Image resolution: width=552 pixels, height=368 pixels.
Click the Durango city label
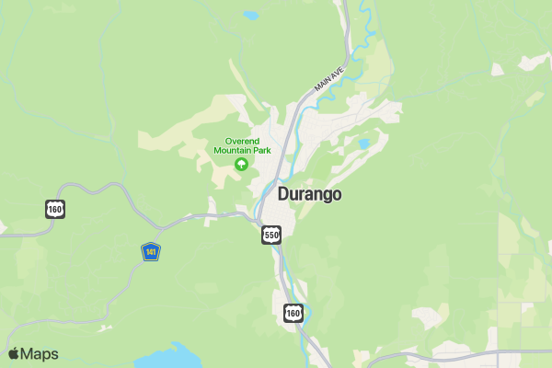pos(309,195)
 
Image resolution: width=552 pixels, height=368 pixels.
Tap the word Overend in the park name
pos(242,141)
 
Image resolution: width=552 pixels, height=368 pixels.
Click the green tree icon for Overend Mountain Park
pos(242,165)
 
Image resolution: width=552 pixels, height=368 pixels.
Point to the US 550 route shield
pos(270,236)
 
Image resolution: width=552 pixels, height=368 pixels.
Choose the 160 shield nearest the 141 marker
pos(55,209)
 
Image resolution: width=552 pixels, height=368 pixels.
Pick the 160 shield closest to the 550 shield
pos(293,314)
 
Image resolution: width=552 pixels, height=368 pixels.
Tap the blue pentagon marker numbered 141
pos(151,251)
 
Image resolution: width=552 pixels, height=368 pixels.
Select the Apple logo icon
pos(14,354)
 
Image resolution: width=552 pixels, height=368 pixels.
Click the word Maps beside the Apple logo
pos(40,354)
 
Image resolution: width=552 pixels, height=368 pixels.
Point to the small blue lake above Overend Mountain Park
pos(250,16)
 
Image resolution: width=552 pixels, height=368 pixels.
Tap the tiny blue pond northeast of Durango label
pos(364,144)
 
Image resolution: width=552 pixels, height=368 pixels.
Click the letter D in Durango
pos(284,195)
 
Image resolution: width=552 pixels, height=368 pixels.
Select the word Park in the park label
pos(261,150)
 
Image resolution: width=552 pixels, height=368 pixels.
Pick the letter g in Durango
pos(325,197)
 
